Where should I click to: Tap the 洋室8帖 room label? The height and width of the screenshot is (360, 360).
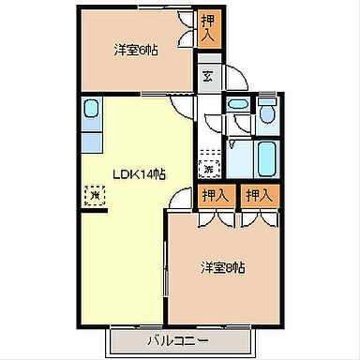click(x=222, y=268)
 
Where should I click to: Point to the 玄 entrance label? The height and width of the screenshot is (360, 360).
click(x=207, y=77)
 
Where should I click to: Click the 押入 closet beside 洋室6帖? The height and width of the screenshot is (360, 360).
click(x=210, y=27)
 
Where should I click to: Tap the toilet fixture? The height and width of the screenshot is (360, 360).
click(x=266, y=116)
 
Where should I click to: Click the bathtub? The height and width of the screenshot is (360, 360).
click(x=264, y=157)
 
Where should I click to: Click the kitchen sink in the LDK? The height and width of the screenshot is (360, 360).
click(x=90, y=111)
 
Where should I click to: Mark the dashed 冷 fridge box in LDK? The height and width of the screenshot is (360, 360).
click(x=93, y=195)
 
